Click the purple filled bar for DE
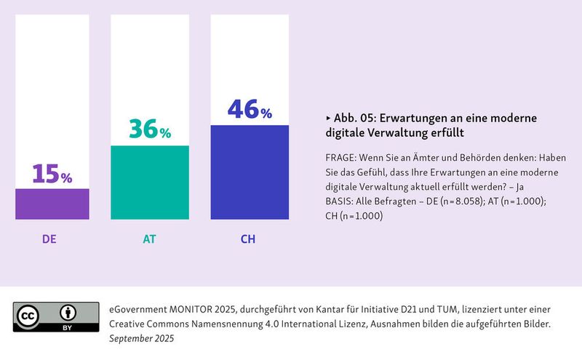tap(52, 204)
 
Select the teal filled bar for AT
tap(149, 182)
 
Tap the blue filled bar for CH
tap(250, 172)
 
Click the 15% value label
tap(52, 175)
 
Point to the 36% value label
tap(149, 129)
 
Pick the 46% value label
tap(250, 109)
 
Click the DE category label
tap(50, 238)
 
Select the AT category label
tap(149, 238)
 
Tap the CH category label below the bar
tap(248, 238)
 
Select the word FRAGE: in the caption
tap(343, 157)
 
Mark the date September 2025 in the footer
tap(141, 338)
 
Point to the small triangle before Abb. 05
tap(328, 118)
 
